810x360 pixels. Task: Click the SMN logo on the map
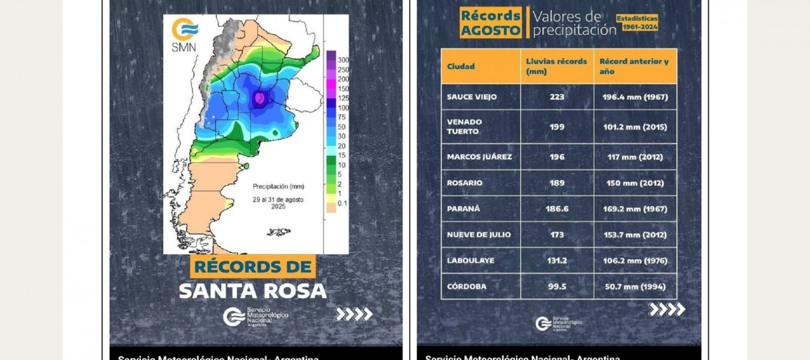184,35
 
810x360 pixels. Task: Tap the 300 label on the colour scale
343,60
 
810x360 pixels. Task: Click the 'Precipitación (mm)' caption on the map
277,186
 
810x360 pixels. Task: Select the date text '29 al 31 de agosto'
278,199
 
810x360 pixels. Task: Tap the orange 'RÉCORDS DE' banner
253,266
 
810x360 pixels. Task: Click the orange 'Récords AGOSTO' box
491,23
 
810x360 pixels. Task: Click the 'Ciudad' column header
461,66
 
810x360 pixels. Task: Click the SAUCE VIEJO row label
472,97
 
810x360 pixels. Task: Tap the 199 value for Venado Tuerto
557,127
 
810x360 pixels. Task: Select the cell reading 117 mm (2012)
635,157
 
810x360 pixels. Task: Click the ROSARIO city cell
464,183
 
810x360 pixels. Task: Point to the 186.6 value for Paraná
557,209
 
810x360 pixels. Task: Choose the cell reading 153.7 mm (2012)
635,235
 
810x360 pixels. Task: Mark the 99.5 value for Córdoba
557,286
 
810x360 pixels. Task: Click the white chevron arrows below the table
667,310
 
